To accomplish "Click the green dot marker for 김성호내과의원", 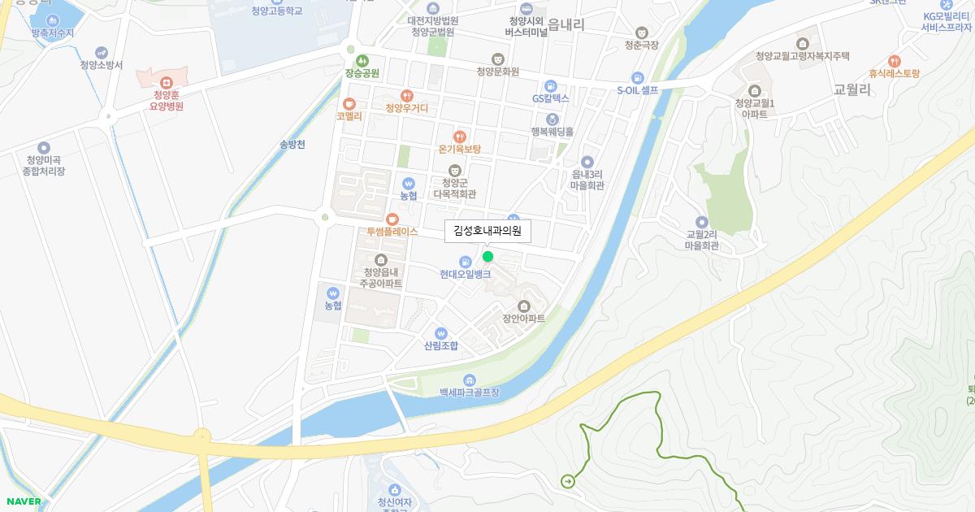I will pos(487,257).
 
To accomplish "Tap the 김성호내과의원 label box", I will pos(487,232).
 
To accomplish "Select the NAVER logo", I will pos(24,501).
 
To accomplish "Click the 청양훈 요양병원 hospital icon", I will pos(167,83).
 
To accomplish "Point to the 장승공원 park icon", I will pos(362,60).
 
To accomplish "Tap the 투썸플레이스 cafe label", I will pos(392,232).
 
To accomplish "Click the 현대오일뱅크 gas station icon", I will pos(465,262).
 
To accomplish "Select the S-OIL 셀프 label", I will pos(638,91).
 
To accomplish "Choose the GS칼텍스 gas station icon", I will pos(550,85).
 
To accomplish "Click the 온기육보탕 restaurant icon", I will pos(460,137).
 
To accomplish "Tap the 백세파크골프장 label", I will pos(469,393).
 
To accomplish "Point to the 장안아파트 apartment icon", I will pos(523,306).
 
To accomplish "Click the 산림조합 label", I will pos(441,346).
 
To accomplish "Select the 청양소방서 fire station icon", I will pos(101,52).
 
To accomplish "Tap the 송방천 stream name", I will pos(292,145).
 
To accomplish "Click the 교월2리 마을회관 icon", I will pos(701,222).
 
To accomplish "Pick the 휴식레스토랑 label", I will pos(894,74).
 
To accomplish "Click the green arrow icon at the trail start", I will pos(567,481).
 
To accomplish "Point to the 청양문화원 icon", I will pos(498,59).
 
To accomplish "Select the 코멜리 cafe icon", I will pos(349,103).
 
